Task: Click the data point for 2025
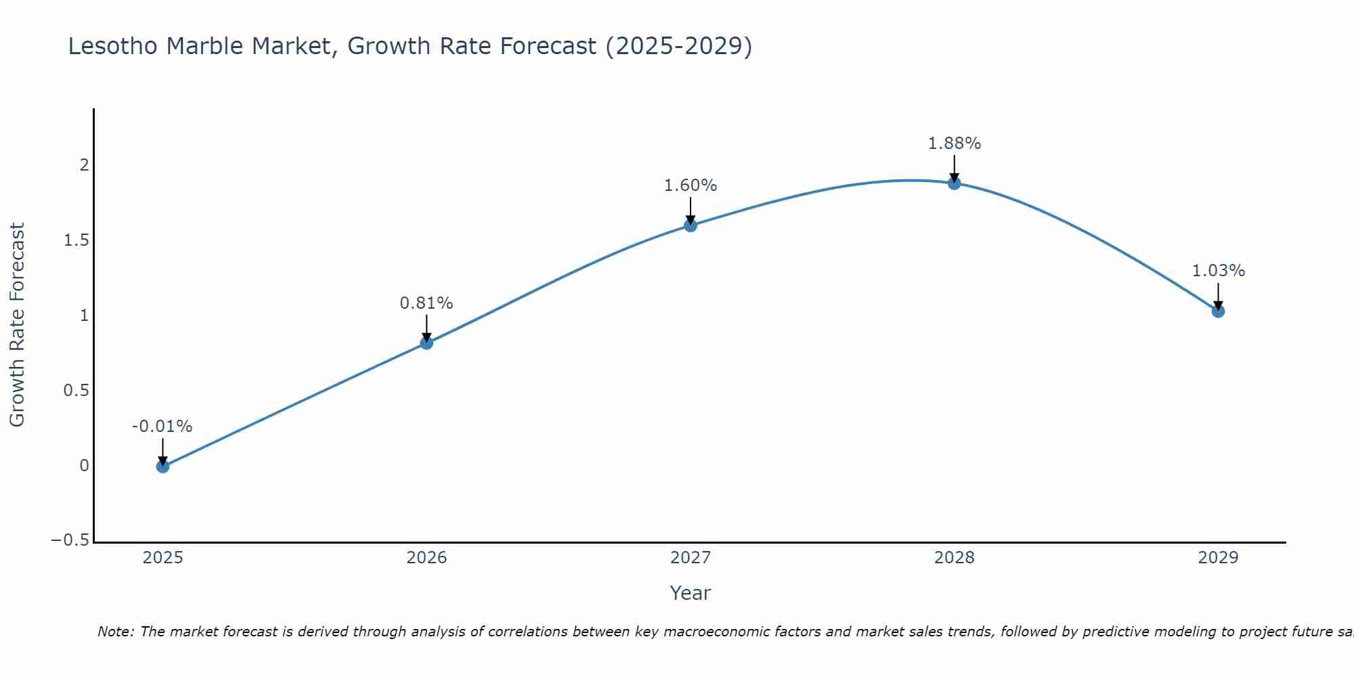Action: [x=162, y=466]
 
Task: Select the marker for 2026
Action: [x=427, y=343]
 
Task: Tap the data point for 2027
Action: [x=691, y=225]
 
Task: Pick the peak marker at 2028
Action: [x=954, y=183]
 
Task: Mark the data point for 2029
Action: [x=1218, y=311]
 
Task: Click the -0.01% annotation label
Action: [x=162, y=427]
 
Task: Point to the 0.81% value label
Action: [x=426, y=303]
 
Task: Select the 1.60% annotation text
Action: [x=690, y=185]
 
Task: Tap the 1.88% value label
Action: [x=954, y=144]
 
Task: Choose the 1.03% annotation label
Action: [x=1218, y=271]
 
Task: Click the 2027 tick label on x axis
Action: [x=690, y=558]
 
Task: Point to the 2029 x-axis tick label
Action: [x=1218, y=558]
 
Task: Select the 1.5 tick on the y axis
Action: [x=77, y=240]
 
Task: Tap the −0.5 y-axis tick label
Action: [x=70, y=540]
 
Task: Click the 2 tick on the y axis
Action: [x=85, y=165]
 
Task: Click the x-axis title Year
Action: [x=690, y=593]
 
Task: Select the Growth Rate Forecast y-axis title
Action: [x=17, y=324]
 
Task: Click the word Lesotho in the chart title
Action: [x=113, y=46]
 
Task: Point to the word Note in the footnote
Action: [x=115, y=632]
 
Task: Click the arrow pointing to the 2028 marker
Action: [x=954, y=168]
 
